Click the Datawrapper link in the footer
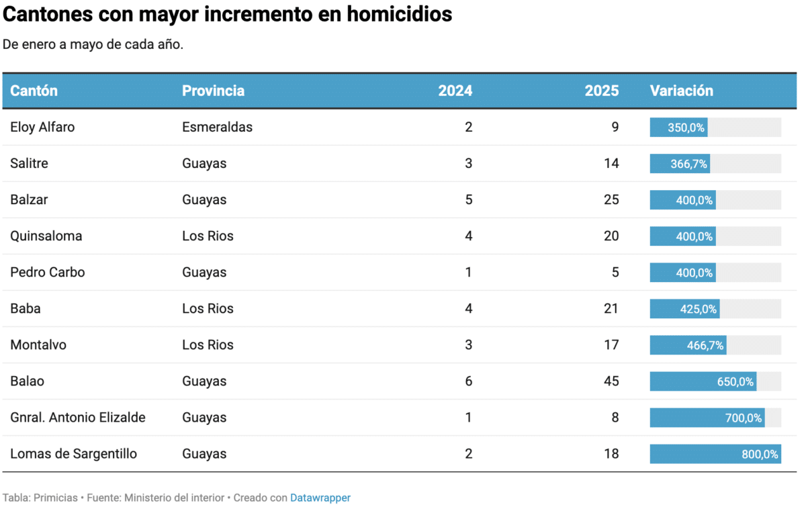(x=320, y=498)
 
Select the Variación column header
(x=682, y=91)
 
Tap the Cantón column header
(x=34, y=91)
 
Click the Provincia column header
(x=213, y=91)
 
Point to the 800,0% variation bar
(x=715, y=454)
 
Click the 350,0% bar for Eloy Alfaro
(x=678, y=128)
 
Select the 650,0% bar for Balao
(x=703, y=381)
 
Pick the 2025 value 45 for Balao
(x=611, y=381)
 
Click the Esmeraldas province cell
(x=218, y=127)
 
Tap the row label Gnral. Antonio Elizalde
(x=78, y=417)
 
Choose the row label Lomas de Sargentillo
(x=73, y=454)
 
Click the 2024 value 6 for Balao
(x=469, y=381)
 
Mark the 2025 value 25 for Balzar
(x=611, y=199)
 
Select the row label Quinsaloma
(x=46, y=236)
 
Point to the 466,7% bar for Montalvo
(x=688, y=345)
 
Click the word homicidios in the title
(x=400, y=14)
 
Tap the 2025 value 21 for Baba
(x=611, y=308)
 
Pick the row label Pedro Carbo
(x=48, y=273)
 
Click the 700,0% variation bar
(x=707, y=418)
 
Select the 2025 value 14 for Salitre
(x=611, y=163)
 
